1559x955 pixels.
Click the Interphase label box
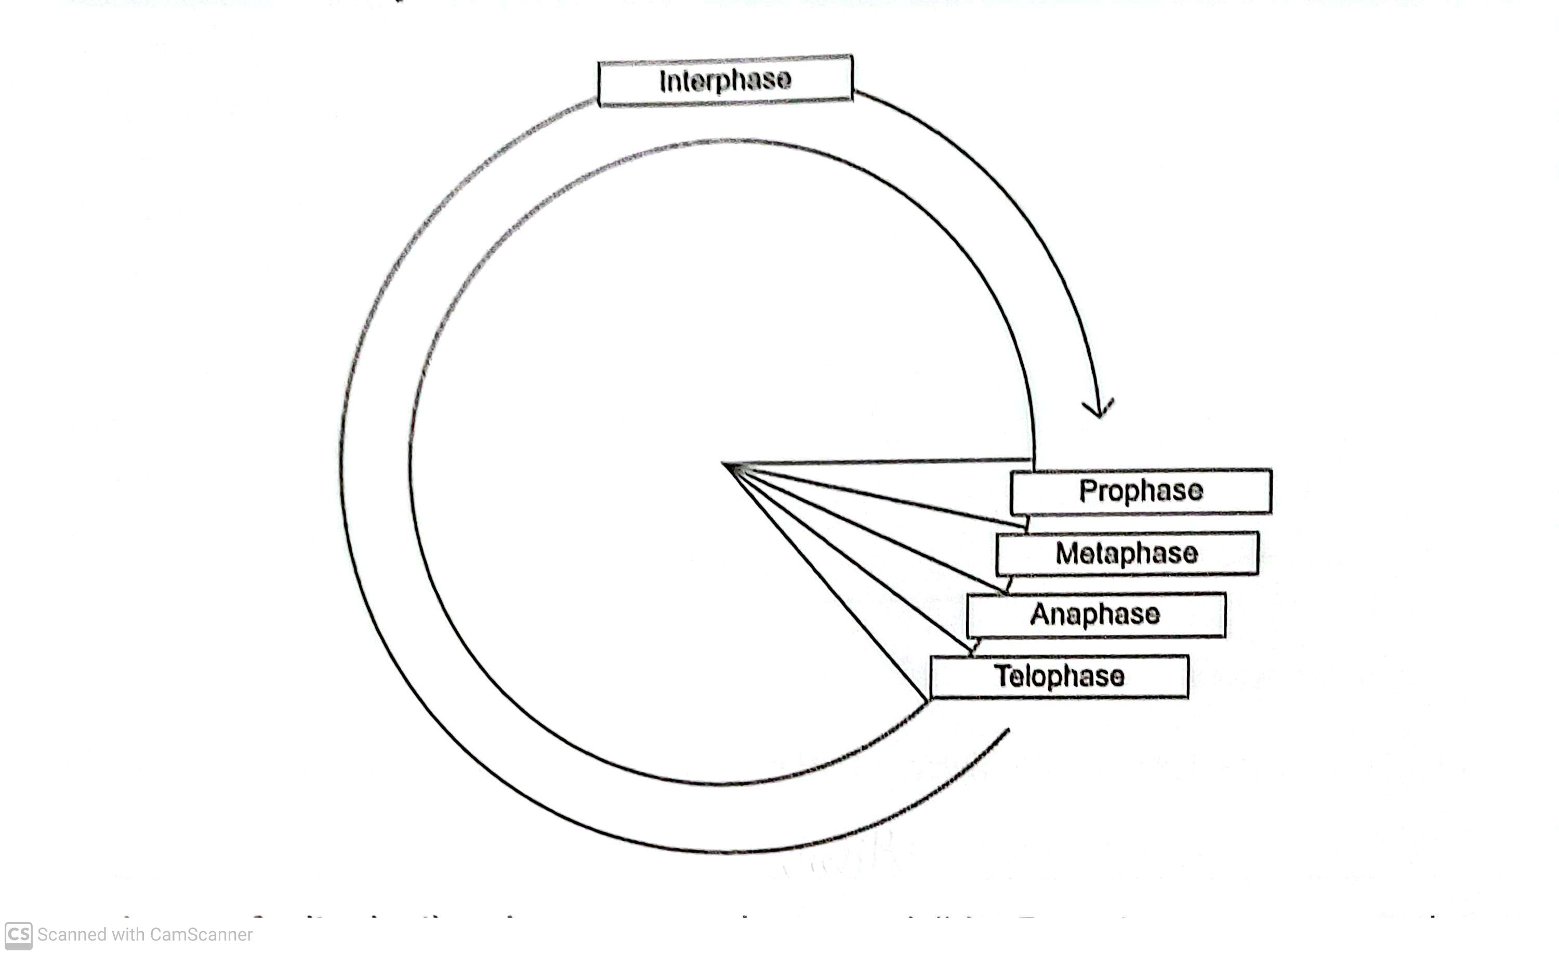pos(725,81)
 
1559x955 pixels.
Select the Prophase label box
pos(1141,492)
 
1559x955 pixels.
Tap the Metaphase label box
pos(1127,553)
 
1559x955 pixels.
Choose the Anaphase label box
pos(1095,615)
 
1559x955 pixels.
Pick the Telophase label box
pos(1059,676)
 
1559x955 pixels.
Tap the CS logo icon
pos(18,935)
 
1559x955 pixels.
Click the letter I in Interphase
pos(663,81)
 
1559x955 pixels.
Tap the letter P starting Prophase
pos(1088,492)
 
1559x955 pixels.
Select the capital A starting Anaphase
pos(1039,614)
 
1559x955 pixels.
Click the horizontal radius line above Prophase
pos(886,462)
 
